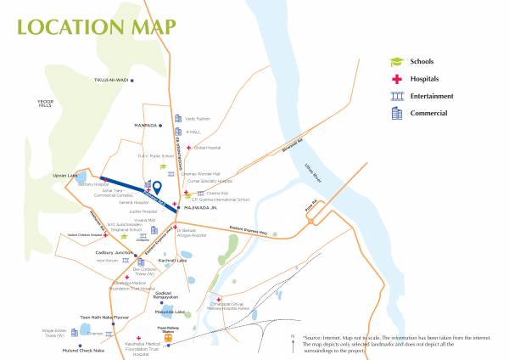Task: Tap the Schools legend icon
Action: (395, 62)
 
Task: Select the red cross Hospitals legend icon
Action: (395, 79)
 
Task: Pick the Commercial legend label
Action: (429, 113)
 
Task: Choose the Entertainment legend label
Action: (432, 96)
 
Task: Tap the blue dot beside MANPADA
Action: (165, 125)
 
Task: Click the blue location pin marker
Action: (157, 187)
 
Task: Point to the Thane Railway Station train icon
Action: (168, 337)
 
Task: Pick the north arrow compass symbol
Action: (292, 344)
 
